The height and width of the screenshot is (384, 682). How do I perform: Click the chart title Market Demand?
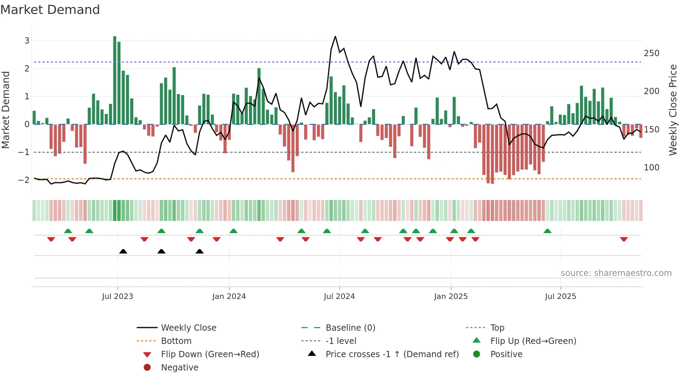click(x=50, y=10)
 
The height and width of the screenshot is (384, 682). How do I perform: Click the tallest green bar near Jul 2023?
click(x=115, y=80)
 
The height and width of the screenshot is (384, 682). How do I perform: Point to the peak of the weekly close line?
click(x=335, y=37)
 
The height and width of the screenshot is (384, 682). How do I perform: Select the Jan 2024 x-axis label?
click(x=229, y=297)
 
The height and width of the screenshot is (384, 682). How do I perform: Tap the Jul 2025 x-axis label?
click(x=561, y=297)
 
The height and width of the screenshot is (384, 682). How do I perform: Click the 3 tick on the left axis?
click(x=27, y=41)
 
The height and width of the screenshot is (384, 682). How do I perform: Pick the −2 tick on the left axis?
click(x=24, y=180)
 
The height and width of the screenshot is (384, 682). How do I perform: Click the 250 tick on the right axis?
click(x=651, y=53)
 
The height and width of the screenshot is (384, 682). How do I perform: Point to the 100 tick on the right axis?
click(x=651, y=168)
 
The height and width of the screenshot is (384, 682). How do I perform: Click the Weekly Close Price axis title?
click(x=673, y=110)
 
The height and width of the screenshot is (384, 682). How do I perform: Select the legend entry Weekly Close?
click(x=188, y=328)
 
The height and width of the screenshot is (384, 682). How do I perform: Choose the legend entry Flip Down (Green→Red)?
click(x=210, y=354)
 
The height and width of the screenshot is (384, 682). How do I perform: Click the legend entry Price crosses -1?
click(x=392, y=354)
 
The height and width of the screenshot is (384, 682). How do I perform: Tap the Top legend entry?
click(x=497, y=328)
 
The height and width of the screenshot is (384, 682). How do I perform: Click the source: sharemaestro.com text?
click(x=616, y=273)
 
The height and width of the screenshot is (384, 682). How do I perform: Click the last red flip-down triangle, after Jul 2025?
click(x=624, y=239)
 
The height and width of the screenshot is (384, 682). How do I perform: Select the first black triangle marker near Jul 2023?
click(x=123, y=251)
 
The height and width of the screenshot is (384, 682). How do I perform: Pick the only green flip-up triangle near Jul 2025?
click(x=547, y=231)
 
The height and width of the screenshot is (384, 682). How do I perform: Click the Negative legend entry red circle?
click(x=147, y=367)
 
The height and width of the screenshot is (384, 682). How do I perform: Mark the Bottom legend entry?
click(x=176, y=341)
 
